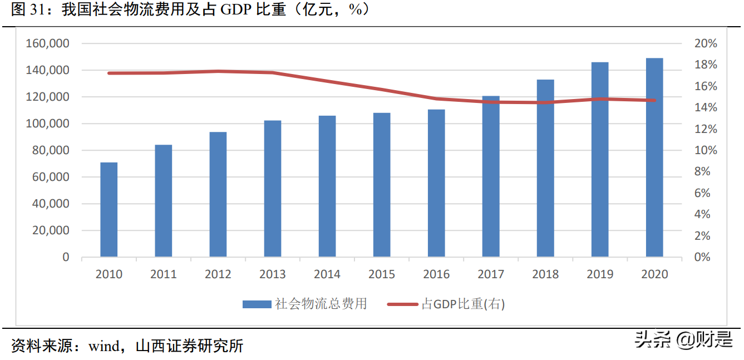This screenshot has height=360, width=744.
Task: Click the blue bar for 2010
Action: pos(109,210)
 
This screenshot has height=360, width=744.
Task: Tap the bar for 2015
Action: pos(382,185)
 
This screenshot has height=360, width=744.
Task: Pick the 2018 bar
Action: pos(545,168)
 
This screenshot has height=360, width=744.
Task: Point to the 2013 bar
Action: pos(273,189)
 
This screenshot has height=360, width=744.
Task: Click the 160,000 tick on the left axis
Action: pos(47,43)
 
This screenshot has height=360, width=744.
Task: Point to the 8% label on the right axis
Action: pos(709,172)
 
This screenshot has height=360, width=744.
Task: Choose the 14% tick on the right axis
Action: pos(706,107)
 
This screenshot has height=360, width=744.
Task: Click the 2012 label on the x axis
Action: pos(218,274)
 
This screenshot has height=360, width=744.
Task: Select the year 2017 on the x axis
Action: pos(491,274)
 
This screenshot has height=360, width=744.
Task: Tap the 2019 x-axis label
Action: pos(600,274)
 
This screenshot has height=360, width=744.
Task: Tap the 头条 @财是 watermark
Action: pos(684,339)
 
